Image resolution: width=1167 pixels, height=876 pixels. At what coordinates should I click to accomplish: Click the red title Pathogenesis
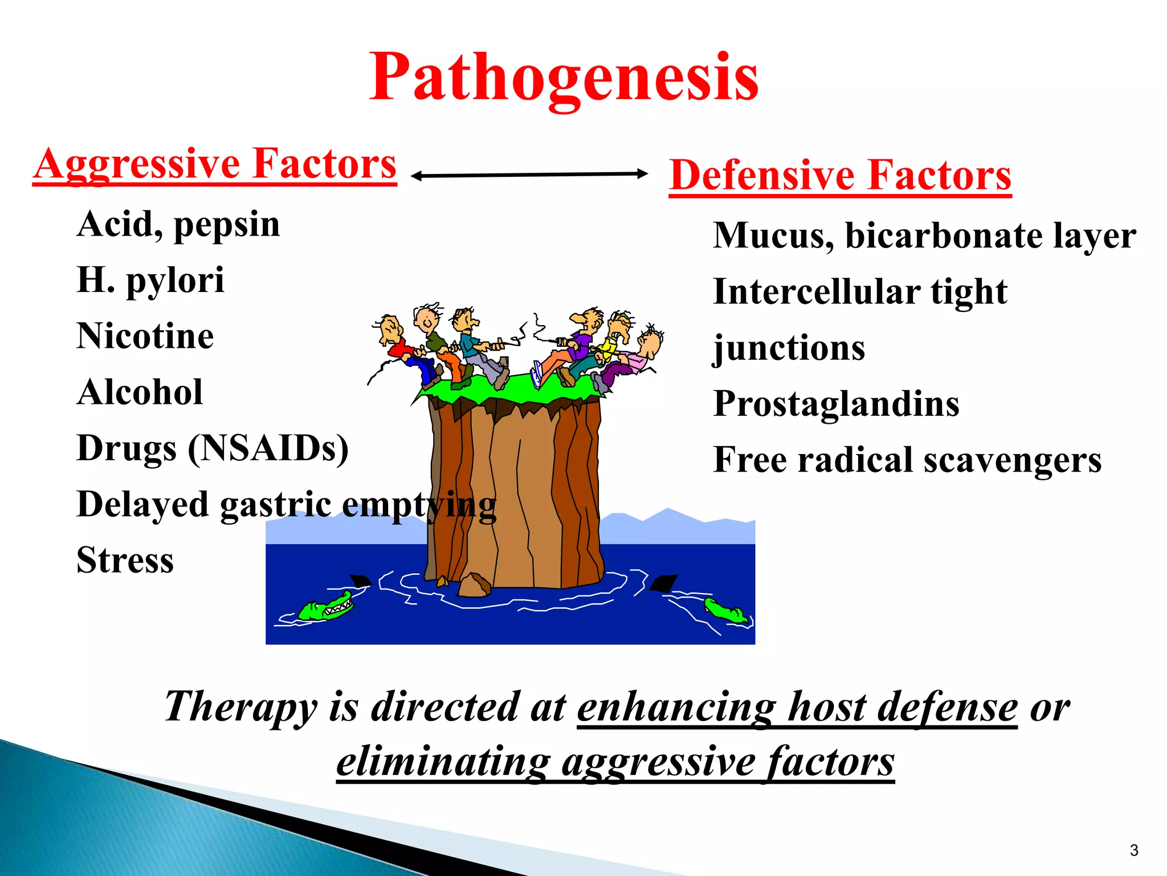564,77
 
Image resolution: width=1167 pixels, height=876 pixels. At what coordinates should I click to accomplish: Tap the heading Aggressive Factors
215,164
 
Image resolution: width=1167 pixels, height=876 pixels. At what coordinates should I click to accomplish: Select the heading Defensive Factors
840,175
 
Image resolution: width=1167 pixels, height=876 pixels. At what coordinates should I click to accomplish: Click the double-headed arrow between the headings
529,175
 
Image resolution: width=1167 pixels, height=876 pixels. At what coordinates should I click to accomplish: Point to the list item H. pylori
150,280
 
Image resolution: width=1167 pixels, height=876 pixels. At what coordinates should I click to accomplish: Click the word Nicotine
145,336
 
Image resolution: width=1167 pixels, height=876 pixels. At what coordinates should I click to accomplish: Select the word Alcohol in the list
140,392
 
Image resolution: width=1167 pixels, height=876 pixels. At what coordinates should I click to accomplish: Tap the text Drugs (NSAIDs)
213,448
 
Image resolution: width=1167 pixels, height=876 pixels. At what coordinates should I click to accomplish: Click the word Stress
125,560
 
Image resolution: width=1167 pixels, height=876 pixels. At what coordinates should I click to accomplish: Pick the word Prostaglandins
836,404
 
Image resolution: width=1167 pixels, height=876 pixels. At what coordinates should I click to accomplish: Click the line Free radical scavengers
907,460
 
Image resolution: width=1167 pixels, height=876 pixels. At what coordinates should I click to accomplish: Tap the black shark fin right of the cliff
663,583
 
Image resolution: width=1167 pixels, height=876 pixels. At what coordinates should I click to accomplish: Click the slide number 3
1133,850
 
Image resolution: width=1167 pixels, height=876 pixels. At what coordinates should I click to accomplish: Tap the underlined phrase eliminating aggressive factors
615,762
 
